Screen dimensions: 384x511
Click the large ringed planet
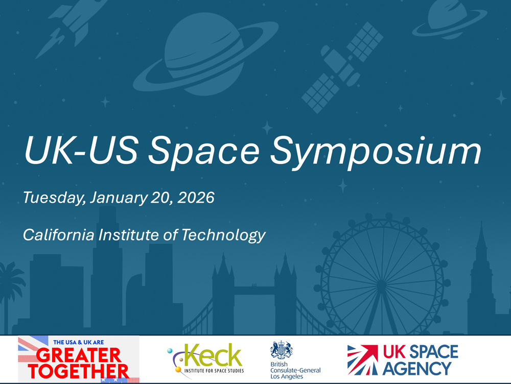199,56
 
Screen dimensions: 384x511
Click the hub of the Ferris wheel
381,283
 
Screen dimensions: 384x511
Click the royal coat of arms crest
281,350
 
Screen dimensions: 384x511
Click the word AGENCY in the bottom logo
417,368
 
